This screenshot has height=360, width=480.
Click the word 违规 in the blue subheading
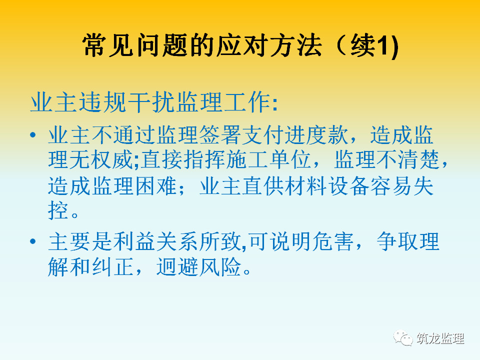point(103,102)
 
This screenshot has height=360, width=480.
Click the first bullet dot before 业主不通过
point(33,134)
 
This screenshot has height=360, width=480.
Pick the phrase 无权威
point(101,159)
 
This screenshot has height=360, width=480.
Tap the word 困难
point(155,186)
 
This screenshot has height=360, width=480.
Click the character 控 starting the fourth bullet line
point(58,210)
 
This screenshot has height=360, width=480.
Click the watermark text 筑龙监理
point(440,338)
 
